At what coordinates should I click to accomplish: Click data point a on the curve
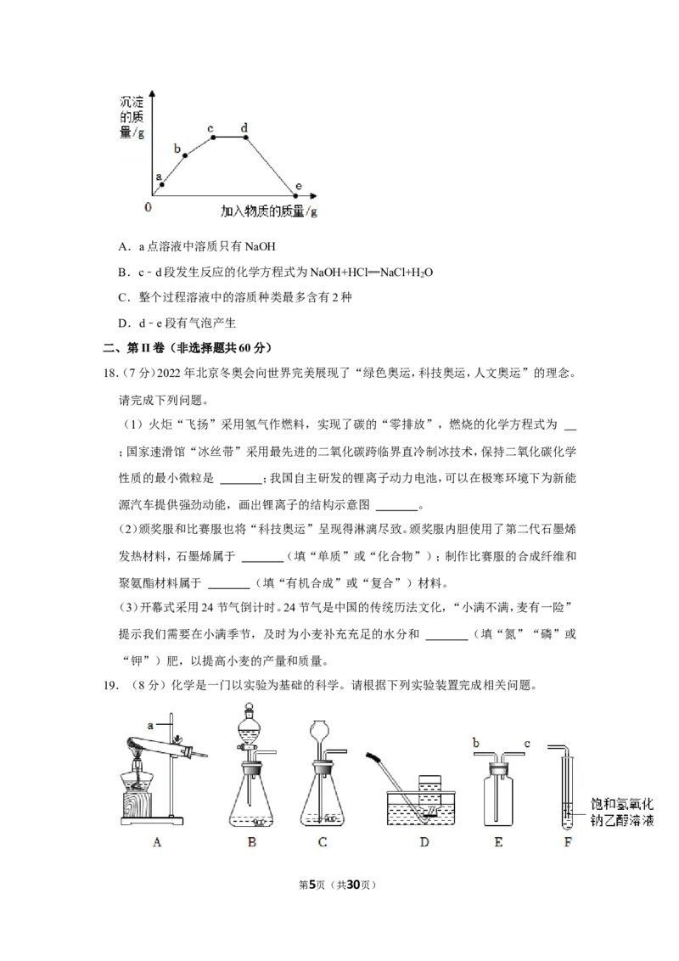pyautogui.click(x=162, y=184)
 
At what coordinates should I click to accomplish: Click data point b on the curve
pyautogui.click(x=186, y=155)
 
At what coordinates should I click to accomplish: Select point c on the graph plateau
pyautogui.click(x=213, y=137)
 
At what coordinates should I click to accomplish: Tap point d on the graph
pyautogui.click(x=246, y=137)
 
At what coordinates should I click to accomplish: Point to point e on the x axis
pyautogui.click(x=296, y=196)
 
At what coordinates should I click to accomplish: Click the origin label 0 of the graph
pyautogui.click(x=148, y=208)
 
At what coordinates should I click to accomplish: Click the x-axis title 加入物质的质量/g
pyautogui.click(x=269, y=211)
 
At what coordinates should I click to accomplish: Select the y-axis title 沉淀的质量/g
pyautogui.click(x=132, y=117)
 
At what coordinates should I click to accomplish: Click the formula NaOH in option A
pyautogui.click(x=261, y=247)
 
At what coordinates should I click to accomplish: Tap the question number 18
pyautogui.click(x=109, y=374)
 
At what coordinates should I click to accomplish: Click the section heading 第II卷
pyautogui.click(x=145, y=348)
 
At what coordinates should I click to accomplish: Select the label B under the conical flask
pyautogui.click(x=252, y=842)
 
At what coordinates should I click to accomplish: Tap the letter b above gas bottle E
pyautogui.click(x=475, y=744)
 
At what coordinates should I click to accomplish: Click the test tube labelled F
pyautogui.click(x=568, y=791)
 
